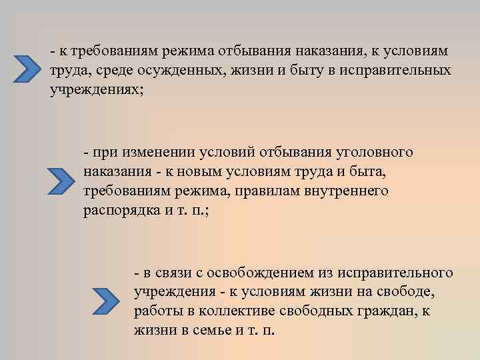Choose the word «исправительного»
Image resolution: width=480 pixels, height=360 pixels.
coord(395,273)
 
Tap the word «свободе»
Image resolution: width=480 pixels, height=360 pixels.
coord(406,293)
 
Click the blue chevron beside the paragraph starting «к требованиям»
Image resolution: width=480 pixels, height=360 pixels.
coord(29,67)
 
